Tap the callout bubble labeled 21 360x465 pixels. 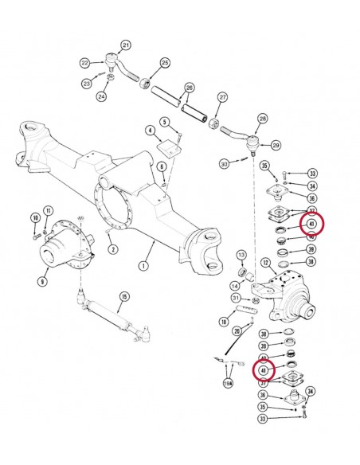point(126,45)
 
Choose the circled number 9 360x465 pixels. point(42,279)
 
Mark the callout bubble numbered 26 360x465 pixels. point(189,88)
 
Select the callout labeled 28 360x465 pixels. point(261,119)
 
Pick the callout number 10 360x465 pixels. point(35,217)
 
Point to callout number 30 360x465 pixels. point(225,163)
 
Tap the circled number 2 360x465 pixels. point(113,249)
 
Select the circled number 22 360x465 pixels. point(85,62)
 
